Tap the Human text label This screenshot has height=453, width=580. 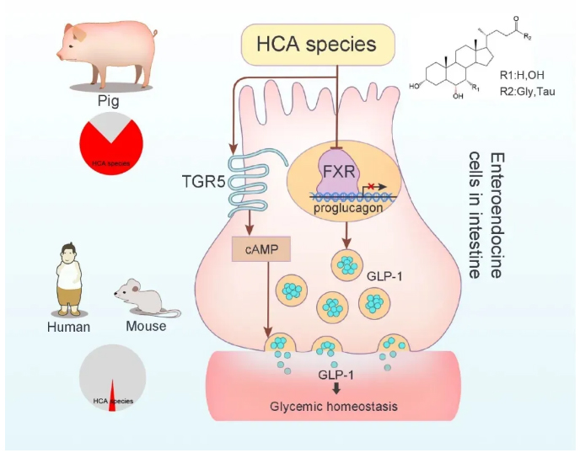[x=68, y=326]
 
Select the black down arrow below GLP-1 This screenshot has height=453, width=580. [x=336, y=388]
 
